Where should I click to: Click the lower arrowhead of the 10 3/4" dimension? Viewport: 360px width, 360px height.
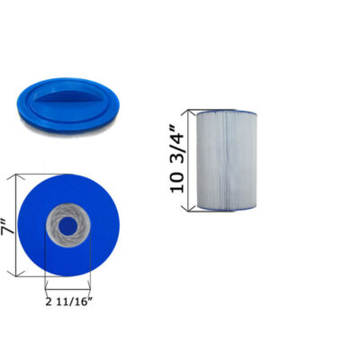[189, 208]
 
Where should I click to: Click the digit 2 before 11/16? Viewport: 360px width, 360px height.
[49, 301]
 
